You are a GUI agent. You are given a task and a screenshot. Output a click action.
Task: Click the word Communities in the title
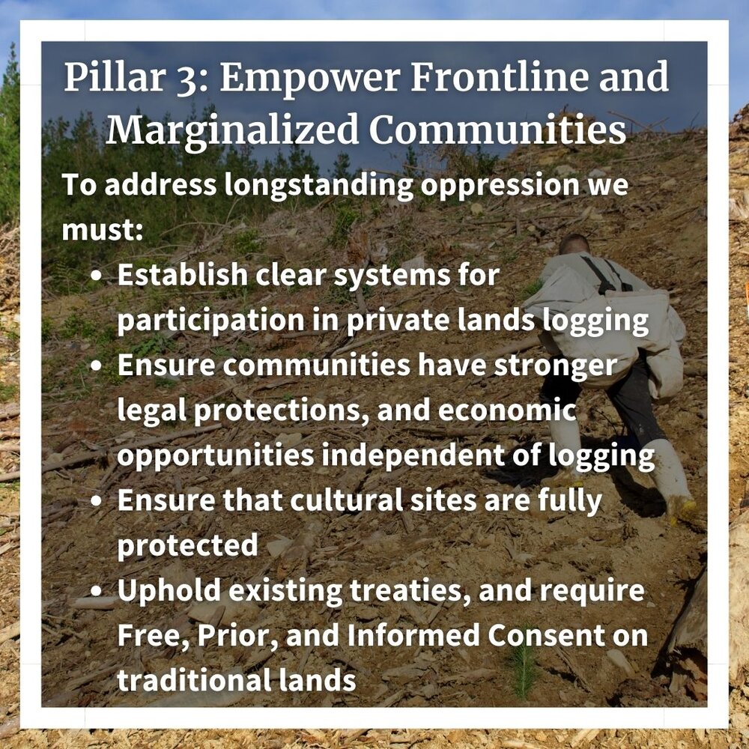(497, 129)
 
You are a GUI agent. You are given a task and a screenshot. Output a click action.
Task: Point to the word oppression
(500, 187)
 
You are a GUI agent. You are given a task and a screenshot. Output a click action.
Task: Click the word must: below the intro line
(102, 230)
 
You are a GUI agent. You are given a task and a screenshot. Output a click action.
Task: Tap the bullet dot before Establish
(96, 276)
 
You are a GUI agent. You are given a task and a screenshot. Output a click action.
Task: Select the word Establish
(182, 275)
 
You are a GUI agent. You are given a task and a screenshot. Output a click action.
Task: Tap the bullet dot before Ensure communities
(96, 366)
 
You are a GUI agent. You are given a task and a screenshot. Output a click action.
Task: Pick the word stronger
(555, 366)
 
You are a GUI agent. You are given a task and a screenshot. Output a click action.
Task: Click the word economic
(507, 410)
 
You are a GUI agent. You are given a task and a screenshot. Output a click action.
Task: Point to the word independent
(413, 455)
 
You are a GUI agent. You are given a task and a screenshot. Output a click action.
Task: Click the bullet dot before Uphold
(96, 592)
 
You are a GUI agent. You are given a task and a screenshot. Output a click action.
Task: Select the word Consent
(544, 636)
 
